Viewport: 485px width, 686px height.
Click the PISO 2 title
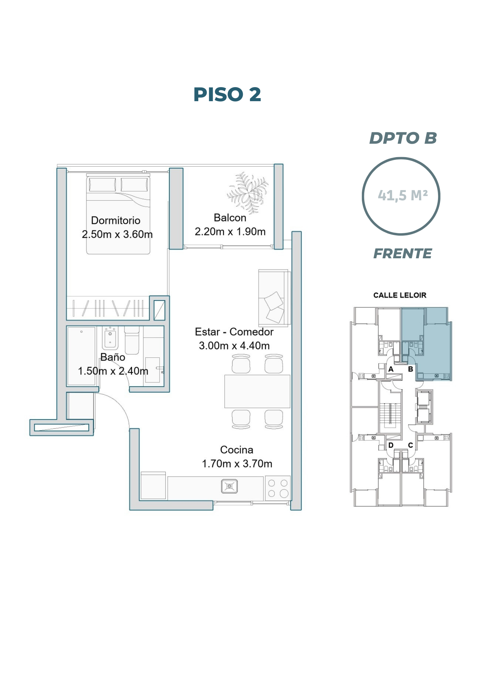pos(227,94)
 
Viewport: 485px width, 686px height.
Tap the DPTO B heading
pos(403,138)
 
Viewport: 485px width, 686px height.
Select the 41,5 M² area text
pos(403,196)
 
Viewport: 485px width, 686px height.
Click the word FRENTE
pos(402,253)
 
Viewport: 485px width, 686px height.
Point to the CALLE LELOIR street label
pos(400,295)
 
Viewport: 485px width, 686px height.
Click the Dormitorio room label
pos(116,221)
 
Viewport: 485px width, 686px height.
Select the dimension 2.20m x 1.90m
pos(230,232)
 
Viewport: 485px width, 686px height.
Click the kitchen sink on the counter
pos(229,486)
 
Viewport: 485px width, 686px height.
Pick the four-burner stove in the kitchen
pos(278,488)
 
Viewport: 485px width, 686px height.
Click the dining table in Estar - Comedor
pos(257,391)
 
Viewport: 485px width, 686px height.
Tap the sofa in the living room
pos(274,298)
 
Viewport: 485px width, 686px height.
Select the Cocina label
pos(237,450)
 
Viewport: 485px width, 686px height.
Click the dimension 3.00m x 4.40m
pos(234,345)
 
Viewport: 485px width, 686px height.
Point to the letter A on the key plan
pos(391,369)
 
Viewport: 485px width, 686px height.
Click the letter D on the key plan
pos(391,445)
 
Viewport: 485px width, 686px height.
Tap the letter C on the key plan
pos(411,445)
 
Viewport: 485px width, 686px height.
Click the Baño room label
pos(113,357)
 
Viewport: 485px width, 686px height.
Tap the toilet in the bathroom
pos(132,340)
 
